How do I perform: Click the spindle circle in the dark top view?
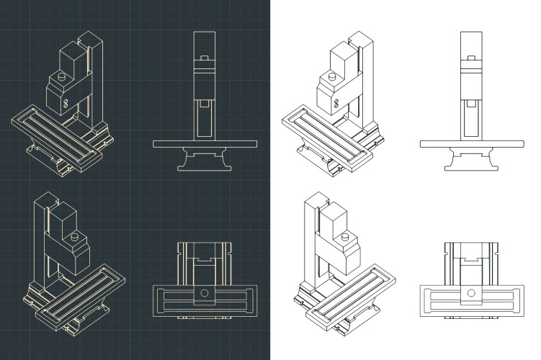tap(205, 293)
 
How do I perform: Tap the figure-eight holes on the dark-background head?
tap(65, 104)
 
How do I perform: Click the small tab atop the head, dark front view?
tap(205, 57)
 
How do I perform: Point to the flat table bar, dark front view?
tap(205, 144)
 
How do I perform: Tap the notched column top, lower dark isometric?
tap(43, 199)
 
